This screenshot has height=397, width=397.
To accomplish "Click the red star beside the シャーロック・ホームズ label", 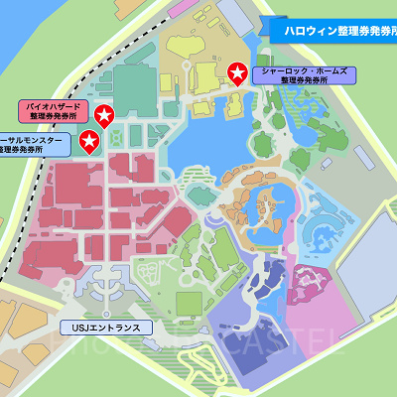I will [237, 72].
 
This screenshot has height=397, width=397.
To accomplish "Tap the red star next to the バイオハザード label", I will [103, 117].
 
